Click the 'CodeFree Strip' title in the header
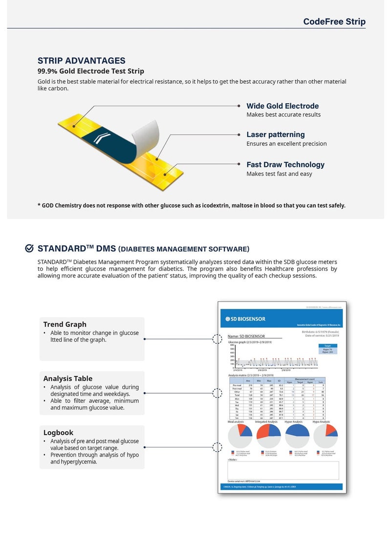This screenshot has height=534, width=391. point(334,22)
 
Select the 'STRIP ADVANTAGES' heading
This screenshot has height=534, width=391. point(82,61)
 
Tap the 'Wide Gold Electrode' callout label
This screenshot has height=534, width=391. point(282,106)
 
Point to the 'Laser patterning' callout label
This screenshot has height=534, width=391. point(276,135)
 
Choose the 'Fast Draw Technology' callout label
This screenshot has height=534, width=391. point(285,164)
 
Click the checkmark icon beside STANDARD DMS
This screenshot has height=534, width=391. point(29,248)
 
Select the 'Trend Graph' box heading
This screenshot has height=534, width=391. point(65,324)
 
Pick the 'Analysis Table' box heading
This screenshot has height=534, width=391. point(67,378)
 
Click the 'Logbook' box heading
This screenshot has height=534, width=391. point(58,433)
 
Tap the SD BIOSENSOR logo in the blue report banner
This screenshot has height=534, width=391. point(245,319)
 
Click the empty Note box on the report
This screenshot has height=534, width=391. point(283,470)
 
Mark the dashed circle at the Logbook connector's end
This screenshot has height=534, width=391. point(217,447)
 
